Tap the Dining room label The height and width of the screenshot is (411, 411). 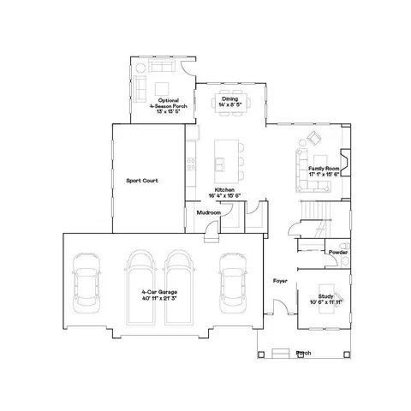(x=229, y=98)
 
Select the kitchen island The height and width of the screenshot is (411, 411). (x=225, y=153)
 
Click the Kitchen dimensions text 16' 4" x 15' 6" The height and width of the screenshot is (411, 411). (x=225, y=196)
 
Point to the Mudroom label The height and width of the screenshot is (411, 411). (x=208, y=212)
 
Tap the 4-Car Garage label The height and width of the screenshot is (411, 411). (x=159, y=293)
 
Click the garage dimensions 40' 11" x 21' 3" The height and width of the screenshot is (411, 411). (x=159, y=299)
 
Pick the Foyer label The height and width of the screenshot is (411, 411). (x=279, y=280)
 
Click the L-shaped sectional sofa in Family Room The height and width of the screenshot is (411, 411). (x=305, y=163)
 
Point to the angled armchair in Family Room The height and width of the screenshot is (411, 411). (x=313, y=137)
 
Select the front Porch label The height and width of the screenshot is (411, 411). (x=302, y=352)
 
